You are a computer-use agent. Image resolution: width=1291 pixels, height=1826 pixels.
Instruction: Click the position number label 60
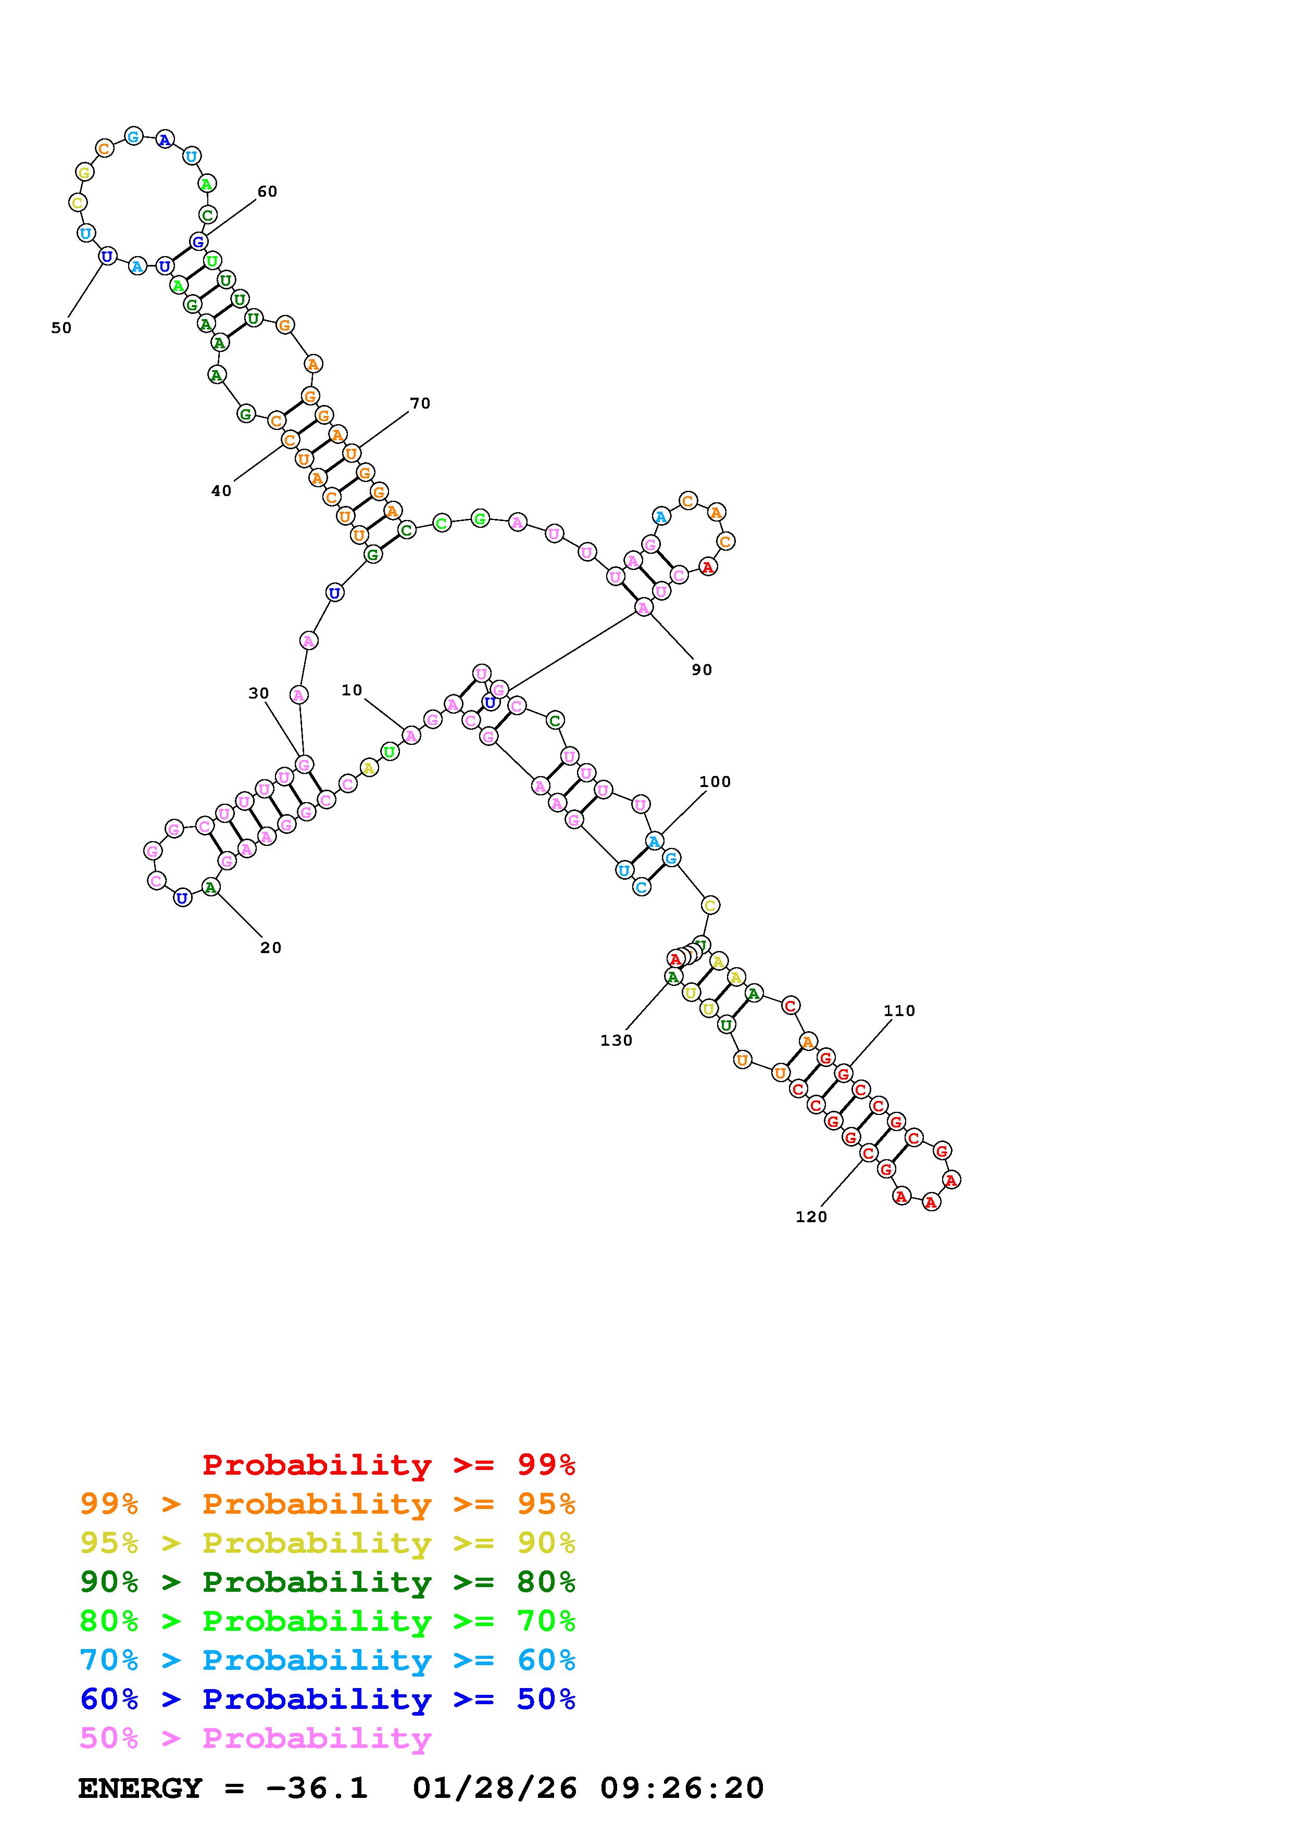pyautogui.click(x=267, y=192)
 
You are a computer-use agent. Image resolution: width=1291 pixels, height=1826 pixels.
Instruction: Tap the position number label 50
pyautogui.click(x=61, y=327)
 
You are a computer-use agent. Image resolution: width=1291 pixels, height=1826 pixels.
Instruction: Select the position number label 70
pyautogui.click(x=420, y=404)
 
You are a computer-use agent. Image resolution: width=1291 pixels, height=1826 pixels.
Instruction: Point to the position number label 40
pyautogui.click(x=221, y=491)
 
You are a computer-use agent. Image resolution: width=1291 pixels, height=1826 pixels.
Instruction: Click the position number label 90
pyautogui.click(x=701, y=669)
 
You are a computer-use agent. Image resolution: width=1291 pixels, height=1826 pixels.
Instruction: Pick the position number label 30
pyautogui.click(x=258, y=693)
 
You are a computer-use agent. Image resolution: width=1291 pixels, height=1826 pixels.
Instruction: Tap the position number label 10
pyautogui.click(x=352, y=690)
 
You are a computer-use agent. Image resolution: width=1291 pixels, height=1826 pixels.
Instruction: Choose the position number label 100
pyautogui.click(x=715, y=782)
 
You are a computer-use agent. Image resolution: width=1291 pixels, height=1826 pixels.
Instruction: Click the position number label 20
pyautogui.click(x=271, y=948)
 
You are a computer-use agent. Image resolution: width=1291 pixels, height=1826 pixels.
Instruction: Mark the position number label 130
pyautogui.click(x=617, y=1040)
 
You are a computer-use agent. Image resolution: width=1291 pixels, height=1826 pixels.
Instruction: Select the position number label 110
pyautogui.click(x=900, y=1011)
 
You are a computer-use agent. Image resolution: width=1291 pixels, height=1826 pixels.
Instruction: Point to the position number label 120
pyautogui.click(x=811, y=1217)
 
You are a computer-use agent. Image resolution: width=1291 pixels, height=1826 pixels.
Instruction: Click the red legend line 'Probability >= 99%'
pyautogui.click(x=389, y=1464)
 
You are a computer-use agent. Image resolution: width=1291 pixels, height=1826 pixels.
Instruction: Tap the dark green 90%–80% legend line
pyautogui.click(x=328, y=1582)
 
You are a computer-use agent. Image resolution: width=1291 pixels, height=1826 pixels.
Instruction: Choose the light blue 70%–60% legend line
pyautogui.click(x=328, y=1660)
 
